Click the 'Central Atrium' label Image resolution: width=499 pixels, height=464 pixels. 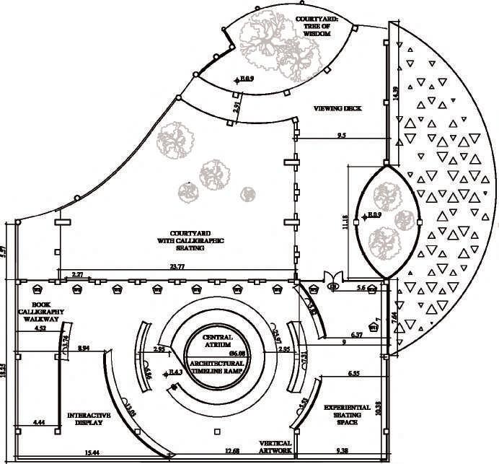tap(217, 341)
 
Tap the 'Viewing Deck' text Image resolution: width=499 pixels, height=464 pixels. tap(337, 108)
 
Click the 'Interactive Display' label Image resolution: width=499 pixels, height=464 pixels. tap(89, 419)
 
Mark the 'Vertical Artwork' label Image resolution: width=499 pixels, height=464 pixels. tap(276, 447)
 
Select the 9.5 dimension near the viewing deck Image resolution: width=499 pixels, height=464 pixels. tap(341, 134)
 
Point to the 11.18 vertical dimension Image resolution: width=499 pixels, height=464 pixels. tap(353, 222)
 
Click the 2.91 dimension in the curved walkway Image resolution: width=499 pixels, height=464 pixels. tap(237, 108)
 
